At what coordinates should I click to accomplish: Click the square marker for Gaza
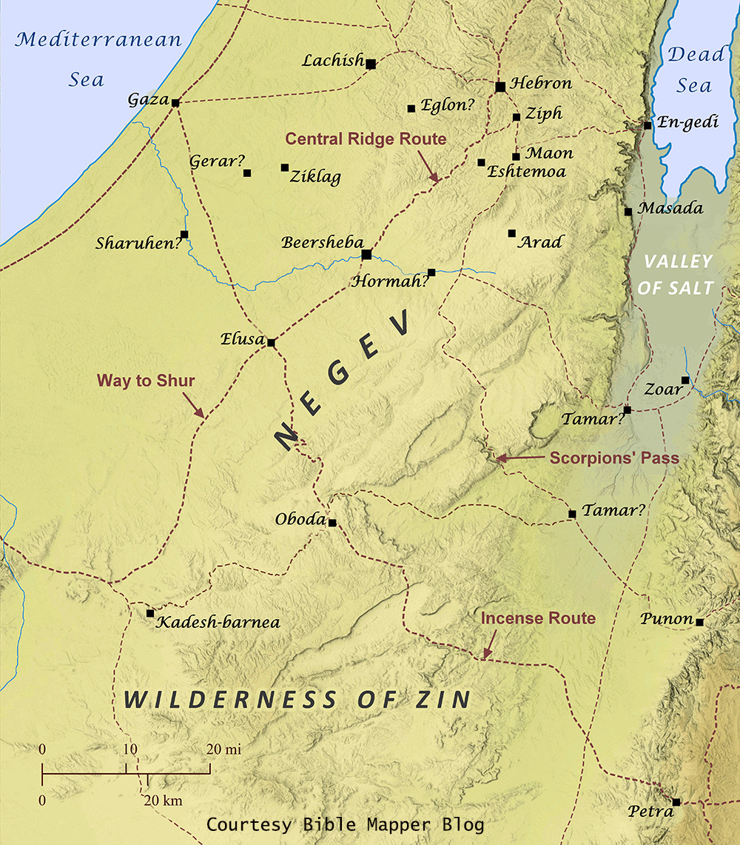click(175, 102)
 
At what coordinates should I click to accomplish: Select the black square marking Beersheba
click(366, 254)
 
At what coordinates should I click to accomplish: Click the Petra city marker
click(676, 802)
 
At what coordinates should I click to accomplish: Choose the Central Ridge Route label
click(366, 138)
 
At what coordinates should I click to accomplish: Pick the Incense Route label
click(538, 618)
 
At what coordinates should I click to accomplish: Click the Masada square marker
click(628, 211)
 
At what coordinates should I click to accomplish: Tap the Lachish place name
click(332, 60)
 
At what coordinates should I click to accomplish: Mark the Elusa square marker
click(271, 343)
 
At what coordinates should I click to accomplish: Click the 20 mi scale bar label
click(223, 749)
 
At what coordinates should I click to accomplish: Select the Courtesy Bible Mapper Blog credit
click(346, 824)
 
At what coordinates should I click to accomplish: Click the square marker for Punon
click(699, 622)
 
